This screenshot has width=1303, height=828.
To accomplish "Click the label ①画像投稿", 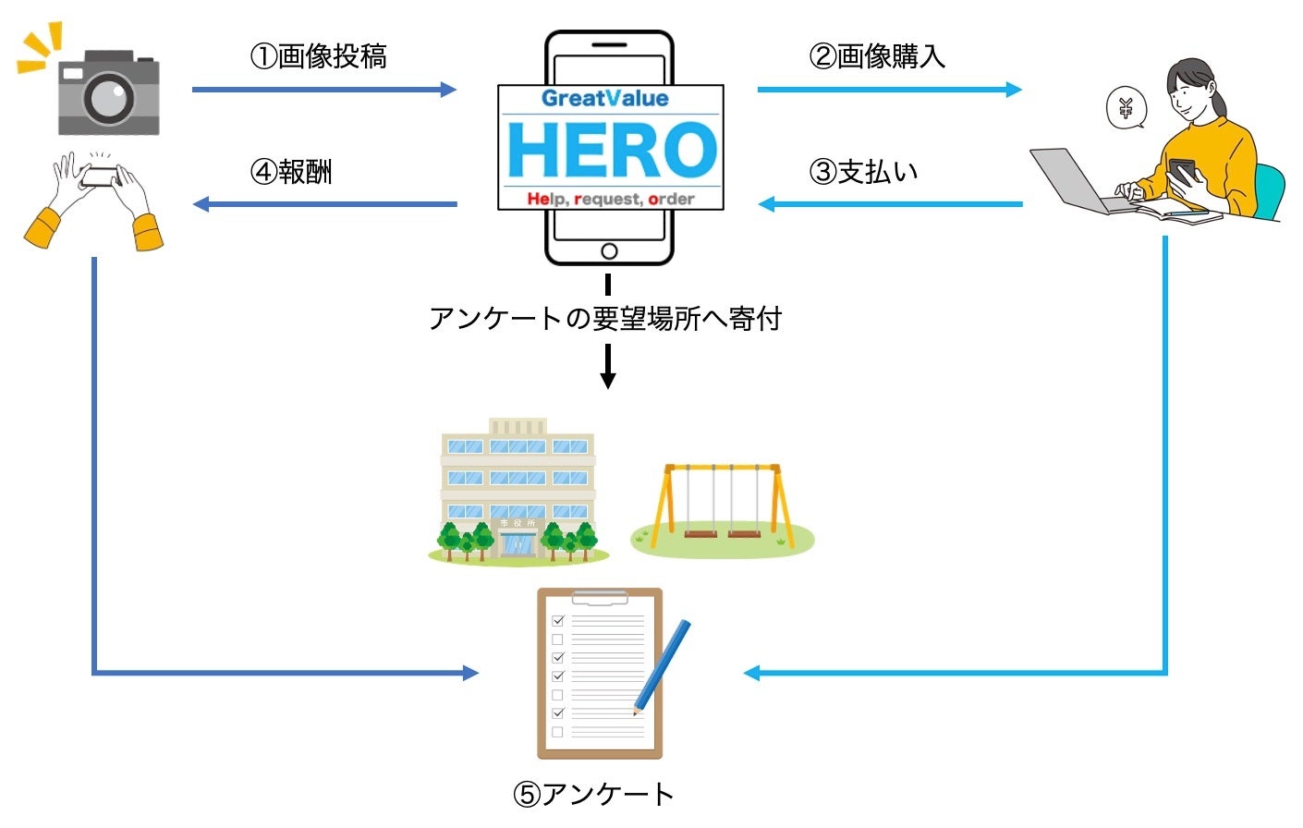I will (319, 57).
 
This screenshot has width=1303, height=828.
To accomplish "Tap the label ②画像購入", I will (877, 57).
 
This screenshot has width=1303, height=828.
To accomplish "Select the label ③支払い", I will (864, 172).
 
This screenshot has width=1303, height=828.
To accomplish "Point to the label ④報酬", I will (292, 172).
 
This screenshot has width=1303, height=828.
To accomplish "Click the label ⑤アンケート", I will (594, 794).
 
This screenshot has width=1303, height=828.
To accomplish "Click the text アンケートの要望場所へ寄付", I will (605, 319).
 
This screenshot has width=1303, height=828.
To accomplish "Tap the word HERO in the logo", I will (611, 151).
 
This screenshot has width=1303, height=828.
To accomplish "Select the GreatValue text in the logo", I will (604, 99).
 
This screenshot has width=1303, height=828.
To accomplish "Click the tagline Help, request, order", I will (611, 199).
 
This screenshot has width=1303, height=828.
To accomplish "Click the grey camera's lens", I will (109, 96).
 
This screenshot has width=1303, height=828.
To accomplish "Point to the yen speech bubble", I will (1126, 109).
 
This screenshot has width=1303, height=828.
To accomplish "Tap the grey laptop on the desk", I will (1077, 181).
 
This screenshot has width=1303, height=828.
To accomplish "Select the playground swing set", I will (723, 506).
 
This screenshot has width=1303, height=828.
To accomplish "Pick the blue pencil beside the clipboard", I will (663, 666).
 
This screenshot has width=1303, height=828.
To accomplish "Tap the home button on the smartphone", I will (609, 250).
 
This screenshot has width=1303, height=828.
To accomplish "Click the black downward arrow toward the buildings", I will (607, 367).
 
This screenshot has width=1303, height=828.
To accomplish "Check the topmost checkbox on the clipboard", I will (557, 620).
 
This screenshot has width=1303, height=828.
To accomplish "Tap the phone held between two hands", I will (100, 176).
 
